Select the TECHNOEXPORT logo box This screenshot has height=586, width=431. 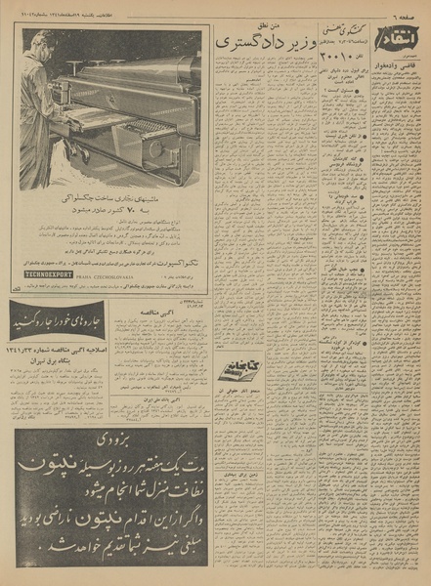(44, 275)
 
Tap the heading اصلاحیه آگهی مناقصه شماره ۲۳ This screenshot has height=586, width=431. (61, 343)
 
